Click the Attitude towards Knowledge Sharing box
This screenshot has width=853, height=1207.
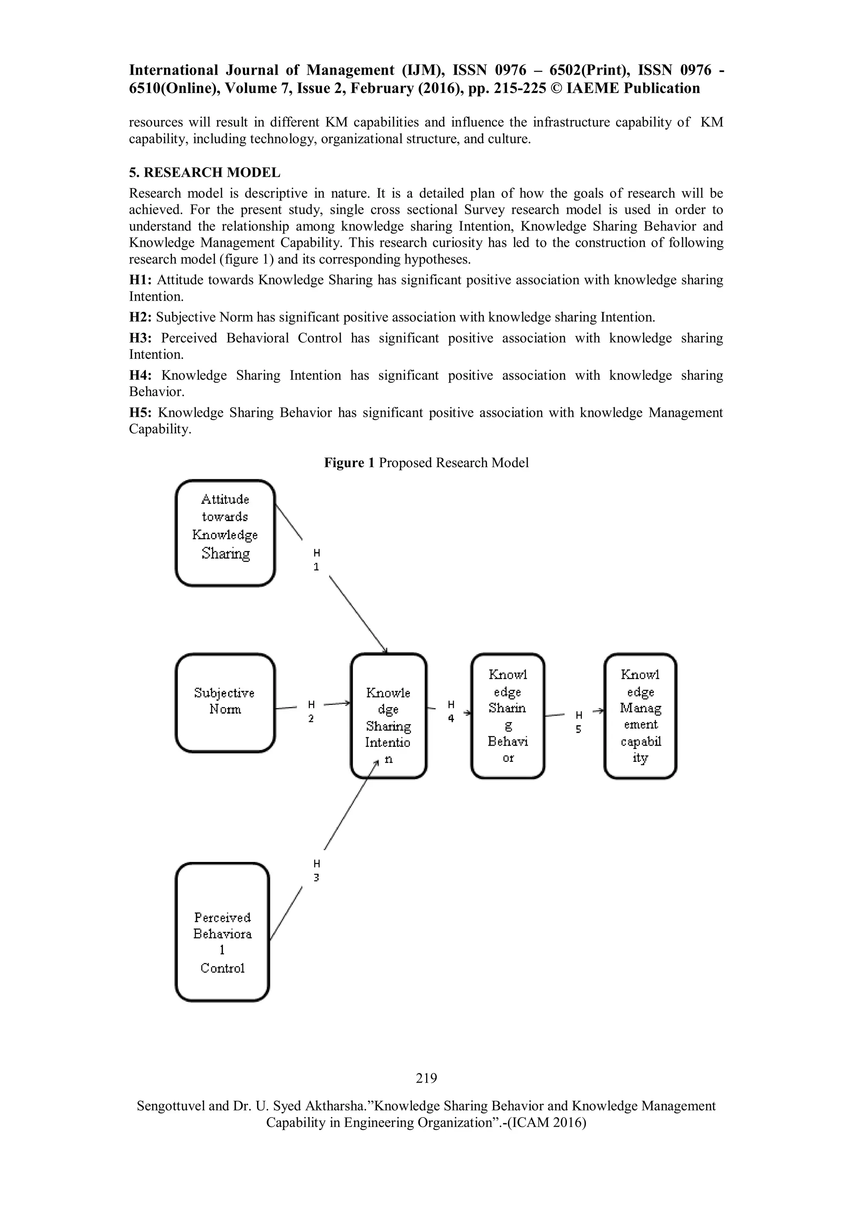click(225, 533)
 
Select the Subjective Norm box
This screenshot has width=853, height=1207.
click(225, 703)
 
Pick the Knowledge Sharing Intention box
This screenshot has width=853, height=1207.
click(388, 716)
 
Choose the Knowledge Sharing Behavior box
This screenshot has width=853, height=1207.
click(507, 716)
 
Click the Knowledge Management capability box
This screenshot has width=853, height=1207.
click(640, 716)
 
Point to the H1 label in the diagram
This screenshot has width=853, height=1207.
click(317, 560)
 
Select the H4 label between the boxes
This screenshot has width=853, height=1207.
click(451, 711)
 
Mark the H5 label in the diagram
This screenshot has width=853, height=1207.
click(578, 722)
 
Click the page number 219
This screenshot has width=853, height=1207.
click(426, 1078)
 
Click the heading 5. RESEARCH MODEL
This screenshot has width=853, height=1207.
click(205, 173)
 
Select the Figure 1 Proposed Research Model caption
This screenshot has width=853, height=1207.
click(426, 463)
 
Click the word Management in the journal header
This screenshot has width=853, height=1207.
click(350, 70)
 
